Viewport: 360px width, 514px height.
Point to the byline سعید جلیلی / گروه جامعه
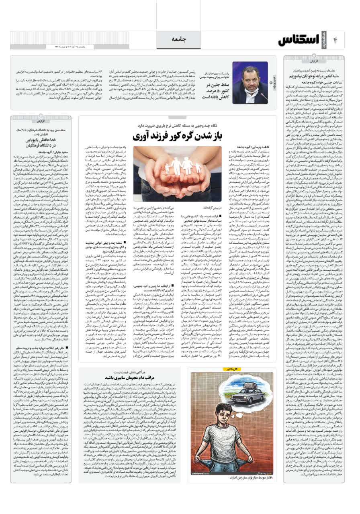coord(53,152)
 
